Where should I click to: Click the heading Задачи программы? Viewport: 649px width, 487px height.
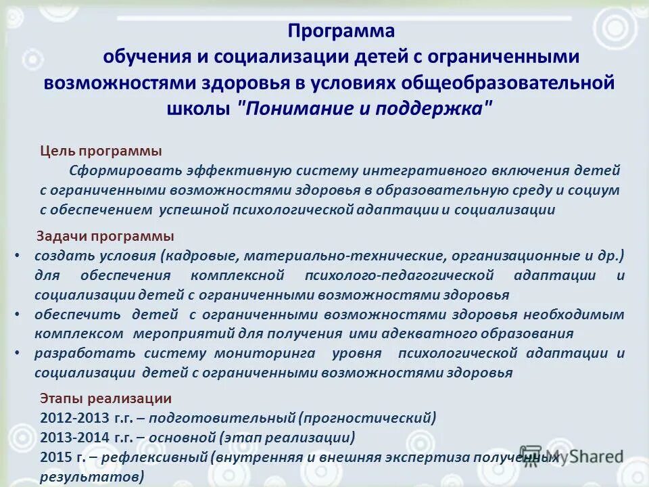pyautogui.click(x=105, y=236)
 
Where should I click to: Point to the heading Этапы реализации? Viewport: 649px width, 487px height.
pyautogui.click(x=106, y=398)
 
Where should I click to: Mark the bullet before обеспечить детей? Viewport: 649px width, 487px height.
pyautogui.click(x=18, y=315)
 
